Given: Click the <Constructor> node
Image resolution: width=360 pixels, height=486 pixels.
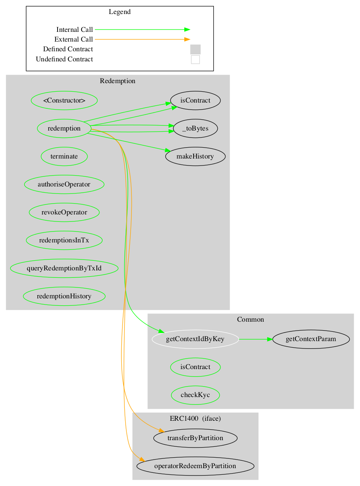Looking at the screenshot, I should tap(64, 100).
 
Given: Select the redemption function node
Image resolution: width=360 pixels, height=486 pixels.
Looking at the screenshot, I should tap(64, 128).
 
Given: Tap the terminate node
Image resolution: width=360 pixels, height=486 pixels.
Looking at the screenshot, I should tap(64, 156).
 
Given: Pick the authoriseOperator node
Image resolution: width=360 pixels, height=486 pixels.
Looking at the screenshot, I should tap(64, 184).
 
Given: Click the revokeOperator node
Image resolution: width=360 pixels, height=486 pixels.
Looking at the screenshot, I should tap(64, 212).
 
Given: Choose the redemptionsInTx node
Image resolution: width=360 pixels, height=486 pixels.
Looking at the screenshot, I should tap(64, 240).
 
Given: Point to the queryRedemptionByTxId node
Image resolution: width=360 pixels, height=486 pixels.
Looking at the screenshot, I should tap(64, 268).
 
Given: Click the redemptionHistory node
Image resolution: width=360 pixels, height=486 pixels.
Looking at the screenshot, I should tap(64, 296).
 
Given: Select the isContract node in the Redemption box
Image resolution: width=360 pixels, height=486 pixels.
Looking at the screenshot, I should tap(195, 100).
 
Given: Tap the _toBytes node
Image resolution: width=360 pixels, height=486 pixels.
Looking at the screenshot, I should tap(195, 128).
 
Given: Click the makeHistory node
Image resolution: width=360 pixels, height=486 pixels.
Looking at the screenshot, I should tap(195, 156).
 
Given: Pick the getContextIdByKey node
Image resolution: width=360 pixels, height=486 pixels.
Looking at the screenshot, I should tap(195, 339).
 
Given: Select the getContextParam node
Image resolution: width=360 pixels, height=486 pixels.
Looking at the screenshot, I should tap(311, 339).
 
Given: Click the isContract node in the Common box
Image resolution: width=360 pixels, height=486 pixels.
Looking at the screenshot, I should tap(195, 367).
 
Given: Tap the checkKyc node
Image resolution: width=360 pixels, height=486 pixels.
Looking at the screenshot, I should tap(195, 395).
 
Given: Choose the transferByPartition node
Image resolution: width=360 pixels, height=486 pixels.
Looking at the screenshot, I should tap(195, 438).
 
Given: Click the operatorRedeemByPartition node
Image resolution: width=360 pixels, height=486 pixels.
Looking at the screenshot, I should tap(195, 466).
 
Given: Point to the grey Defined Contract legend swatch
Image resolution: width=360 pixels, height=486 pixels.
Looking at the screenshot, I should tap(195, 49).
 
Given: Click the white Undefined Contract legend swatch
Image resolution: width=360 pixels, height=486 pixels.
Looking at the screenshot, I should tap(195, 59).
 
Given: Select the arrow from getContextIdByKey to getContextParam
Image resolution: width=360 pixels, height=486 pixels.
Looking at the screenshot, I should tap(255, 339).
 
